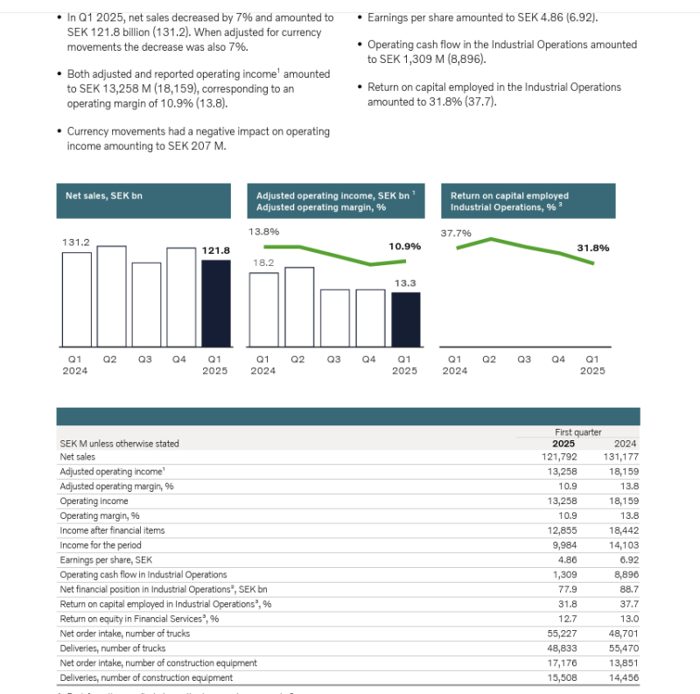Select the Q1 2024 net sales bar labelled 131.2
(76, 298)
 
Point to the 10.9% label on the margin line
(404, 246)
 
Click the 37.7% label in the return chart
(456, 233)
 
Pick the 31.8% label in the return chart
(593, 248)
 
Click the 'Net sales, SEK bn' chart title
(103, 196)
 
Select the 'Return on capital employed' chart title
(509, 196)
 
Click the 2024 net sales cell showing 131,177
(620, 457)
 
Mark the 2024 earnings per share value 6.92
(626, 560)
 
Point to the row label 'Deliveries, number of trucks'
(113, 648)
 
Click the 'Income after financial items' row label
(112, 530)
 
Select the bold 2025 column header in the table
(564, 444)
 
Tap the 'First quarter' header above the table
(577, 432)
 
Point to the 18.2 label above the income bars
(264, 263)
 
